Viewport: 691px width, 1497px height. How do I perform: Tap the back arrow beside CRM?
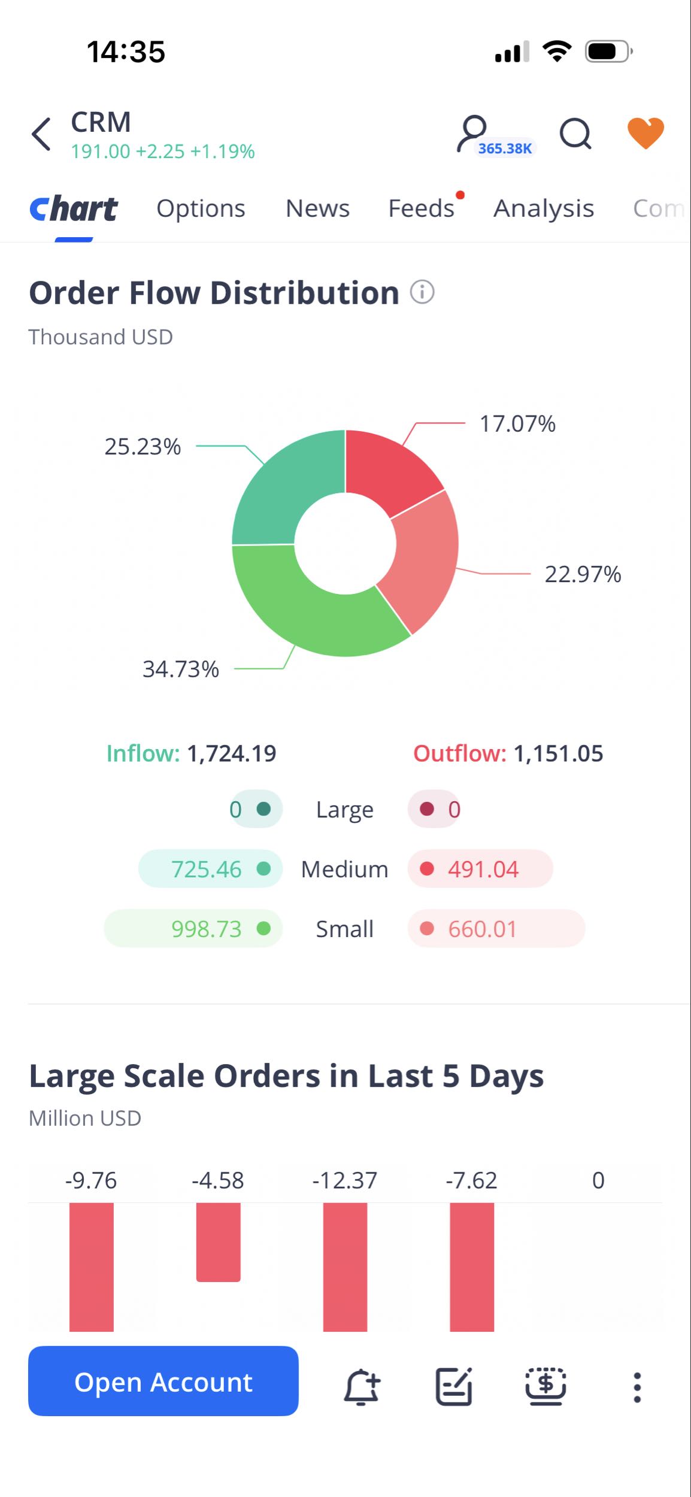point(41,134)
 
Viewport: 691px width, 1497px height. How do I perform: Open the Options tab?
point(201,208)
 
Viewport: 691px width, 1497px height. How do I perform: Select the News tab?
point(317,208)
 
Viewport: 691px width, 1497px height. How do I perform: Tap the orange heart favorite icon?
point(645,133)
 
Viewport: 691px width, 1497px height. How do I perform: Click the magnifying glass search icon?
point(575,133)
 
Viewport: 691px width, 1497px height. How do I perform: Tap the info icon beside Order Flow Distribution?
point(422,292)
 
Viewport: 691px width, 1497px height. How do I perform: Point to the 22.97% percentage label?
point(583,574)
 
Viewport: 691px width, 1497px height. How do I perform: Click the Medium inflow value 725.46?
point(206,869)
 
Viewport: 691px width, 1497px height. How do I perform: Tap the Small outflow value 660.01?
point(482,929)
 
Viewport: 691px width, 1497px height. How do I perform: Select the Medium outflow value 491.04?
point(483,869)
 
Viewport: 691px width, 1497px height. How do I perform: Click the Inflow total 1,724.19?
point(232,753)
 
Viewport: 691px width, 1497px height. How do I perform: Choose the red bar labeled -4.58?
point(219,1242)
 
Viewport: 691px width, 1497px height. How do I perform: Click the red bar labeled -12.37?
point(346,1267)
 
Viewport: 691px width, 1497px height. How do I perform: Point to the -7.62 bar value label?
point(471,1180)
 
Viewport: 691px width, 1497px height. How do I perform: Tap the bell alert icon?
point(362,1387)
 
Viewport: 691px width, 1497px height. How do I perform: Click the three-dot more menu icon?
point(637,1387)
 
